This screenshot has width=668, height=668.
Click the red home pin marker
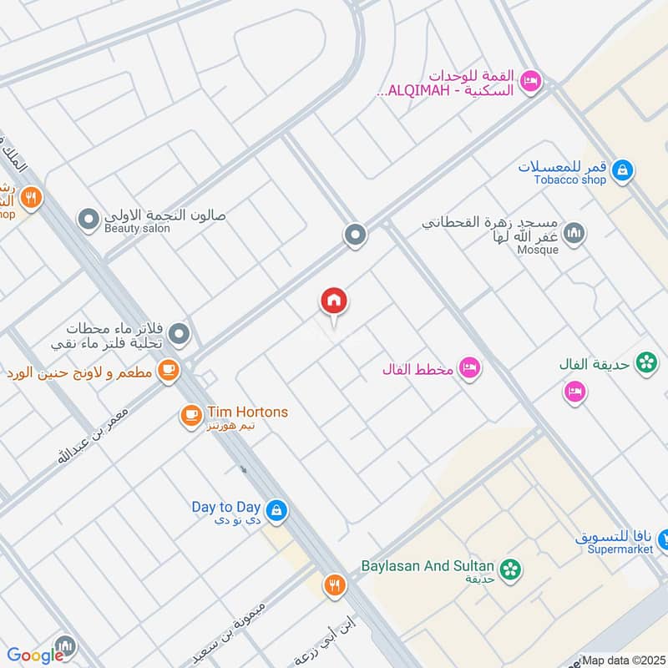[x=334, y=301]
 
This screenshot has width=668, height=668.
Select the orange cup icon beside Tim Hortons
[x=191, y=413]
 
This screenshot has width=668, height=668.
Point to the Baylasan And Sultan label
[x=428, y=566]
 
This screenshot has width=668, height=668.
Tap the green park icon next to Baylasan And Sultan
[x=512, y=569]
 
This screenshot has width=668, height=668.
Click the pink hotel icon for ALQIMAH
[x=529, y=81]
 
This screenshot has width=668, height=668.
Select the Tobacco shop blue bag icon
[x=621, y=172]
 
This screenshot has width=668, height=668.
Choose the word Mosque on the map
[x=538, y=250]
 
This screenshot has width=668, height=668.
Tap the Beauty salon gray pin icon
[x=88, y=220]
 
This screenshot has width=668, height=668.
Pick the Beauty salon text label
[x=137, y=229]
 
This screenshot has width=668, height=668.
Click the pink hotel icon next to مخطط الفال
[x=470, y=368]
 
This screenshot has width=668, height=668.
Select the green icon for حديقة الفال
[x=645, y=362]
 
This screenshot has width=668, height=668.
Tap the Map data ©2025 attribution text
[x=623, y=660]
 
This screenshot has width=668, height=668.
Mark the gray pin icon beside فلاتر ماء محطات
[x=179, y=336]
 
